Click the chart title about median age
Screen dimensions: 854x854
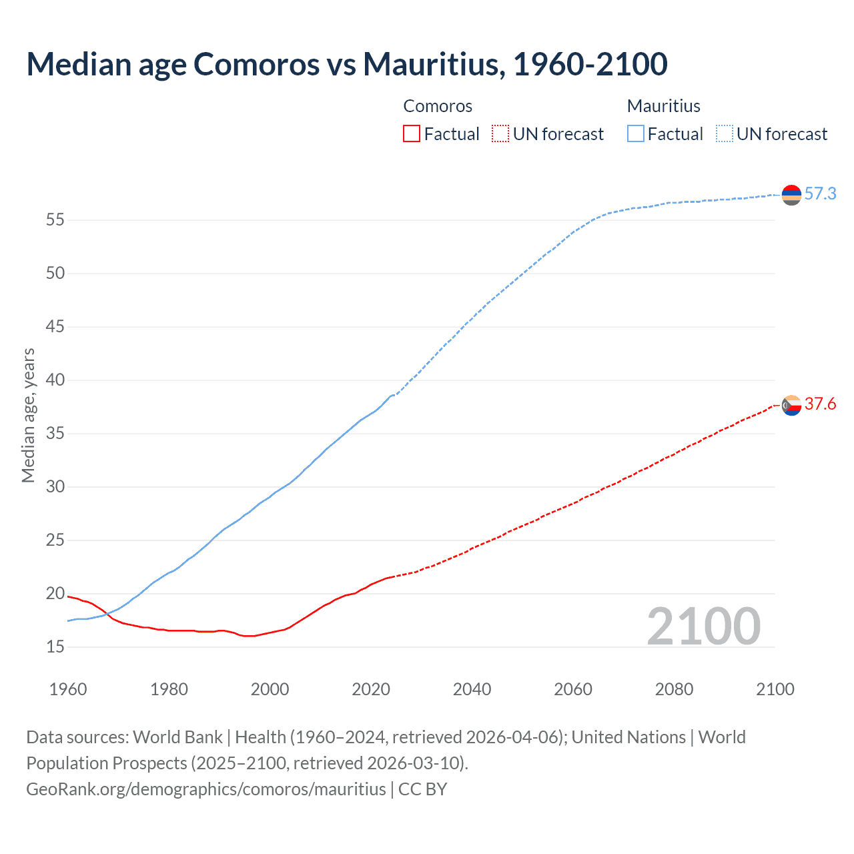[346, 64]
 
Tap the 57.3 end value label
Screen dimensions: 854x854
[820, 194]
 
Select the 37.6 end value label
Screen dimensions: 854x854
[820, 404]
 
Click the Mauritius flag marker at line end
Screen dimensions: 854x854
[791, 195]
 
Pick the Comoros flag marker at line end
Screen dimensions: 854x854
[791, 405]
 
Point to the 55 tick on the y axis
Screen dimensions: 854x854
[55, 220]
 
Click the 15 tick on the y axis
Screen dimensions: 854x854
[55, 647]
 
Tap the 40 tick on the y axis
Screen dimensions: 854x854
[55, 380]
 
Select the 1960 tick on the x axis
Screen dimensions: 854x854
[68, 689]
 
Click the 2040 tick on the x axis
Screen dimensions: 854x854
[472, 689]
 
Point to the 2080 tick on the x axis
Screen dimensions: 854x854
[674, 689]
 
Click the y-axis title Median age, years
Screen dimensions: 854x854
[28, 415]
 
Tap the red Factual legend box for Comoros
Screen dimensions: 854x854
[412, 134]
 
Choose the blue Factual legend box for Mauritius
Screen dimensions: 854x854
[636, 134]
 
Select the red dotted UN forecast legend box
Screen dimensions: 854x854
[500, 134]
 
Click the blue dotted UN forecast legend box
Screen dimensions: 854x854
[725, 134]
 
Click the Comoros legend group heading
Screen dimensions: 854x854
[438, 106]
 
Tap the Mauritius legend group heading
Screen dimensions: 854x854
[664, 106]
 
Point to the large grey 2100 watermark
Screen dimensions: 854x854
[703, 626]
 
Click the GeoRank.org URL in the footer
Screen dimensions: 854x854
[206, 789]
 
